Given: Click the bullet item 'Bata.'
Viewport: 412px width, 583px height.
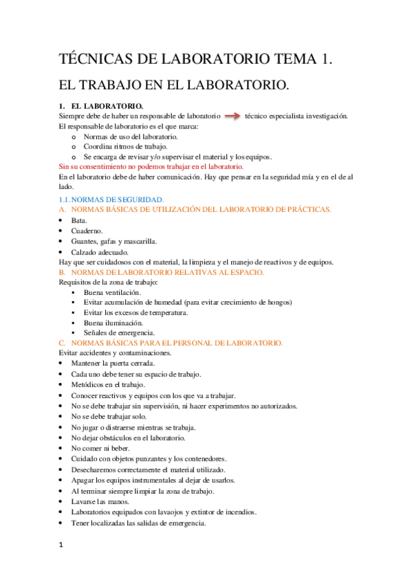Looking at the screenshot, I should click(79, 220).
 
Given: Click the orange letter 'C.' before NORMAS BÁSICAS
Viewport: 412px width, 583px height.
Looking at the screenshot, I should click(63, 342).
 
